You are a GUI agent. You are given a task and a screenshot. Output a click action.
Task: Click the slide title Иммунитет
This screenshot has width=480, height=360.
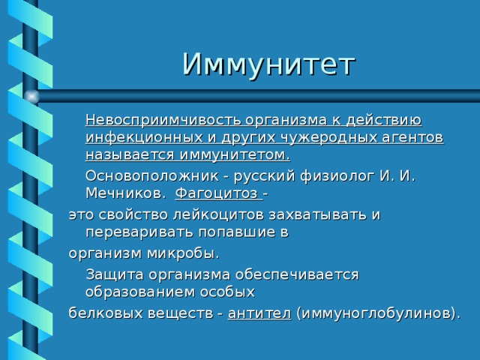tap(268, 65)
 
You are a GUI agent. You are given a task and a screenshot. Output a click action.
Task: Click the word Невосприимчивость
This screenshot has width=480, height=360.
tap(163, 120)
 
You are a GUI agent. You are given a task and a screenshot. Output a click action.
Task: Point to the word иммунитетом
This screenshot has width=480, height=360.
tap(235, 155)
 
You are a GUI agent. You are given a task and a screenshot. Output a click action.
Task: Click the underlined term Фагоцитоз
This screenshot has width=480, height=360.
tap(217, 193)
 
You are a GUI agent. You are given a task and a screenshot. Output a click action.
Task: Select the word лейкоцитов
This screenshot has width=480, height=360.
tap(218, 215)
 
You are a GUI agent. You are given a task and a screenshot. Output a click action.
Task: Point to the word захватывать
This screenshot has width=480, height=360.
tap(318, 215)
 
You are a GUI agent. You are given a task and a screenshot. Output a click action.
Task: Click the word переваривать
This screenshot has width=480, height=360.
tap(139, 232)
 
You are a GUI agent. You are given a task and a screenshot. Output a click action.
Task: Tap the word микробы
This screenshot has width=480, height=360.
tap(183, 253)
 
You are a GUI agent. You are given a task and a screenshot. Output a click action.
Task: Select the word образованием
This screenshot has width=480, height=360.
tap(140, 292)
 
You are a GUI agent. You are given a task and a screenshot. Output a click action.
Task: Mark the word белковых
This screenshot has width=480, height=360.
tap(106, 313)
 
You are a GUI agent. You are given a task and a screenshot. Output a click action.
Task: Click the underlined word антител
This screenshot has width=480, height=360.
tap(259, 313)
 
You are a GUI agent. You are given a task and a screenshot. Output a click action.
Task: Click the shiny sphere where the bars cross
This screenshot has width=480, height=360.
tap(31, 97)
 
